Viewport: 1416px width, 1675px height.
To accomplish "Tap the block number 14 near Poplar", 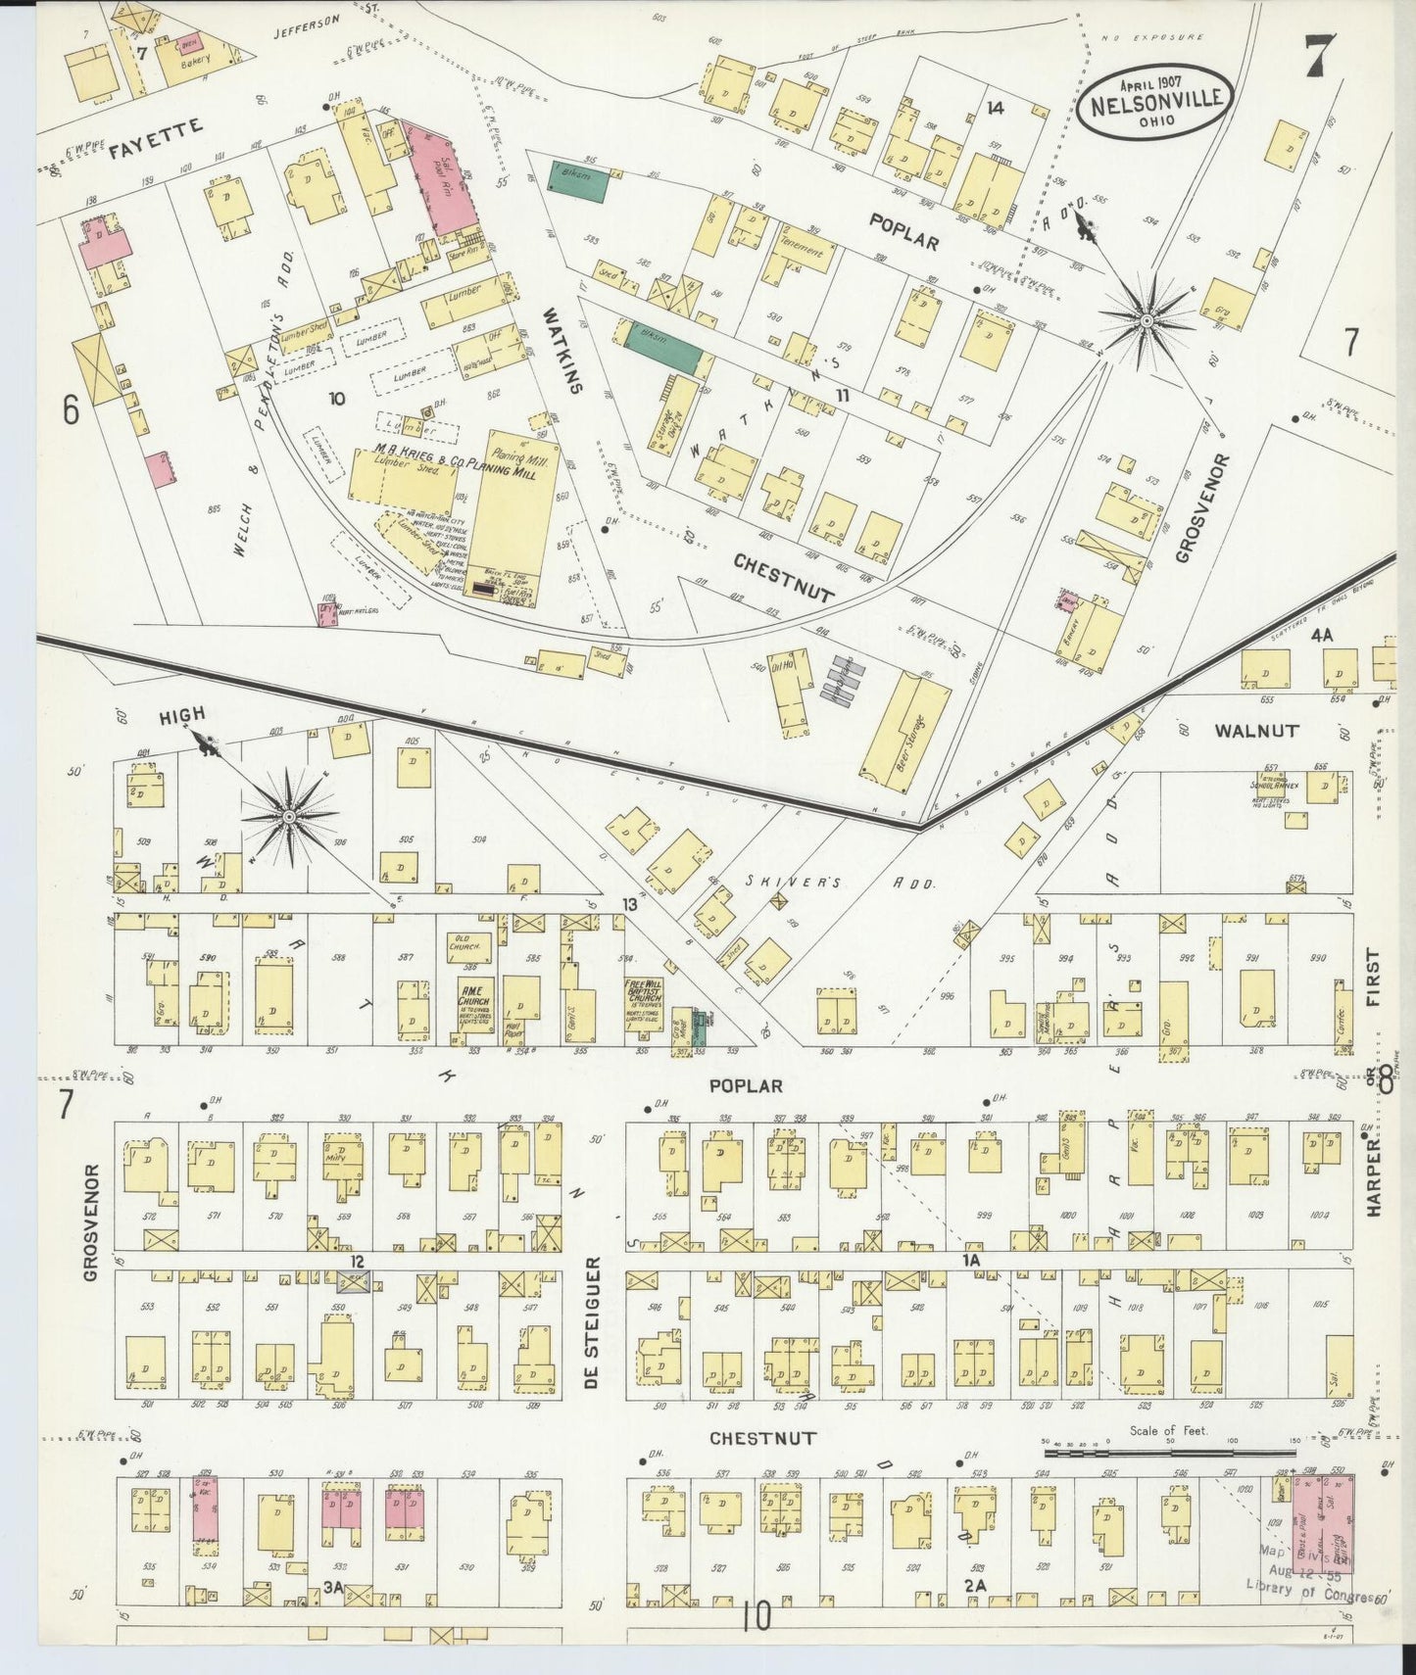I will click(996, 109).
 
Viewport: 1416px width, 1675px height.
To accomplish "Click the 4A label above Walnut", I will click(1322, 635).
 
